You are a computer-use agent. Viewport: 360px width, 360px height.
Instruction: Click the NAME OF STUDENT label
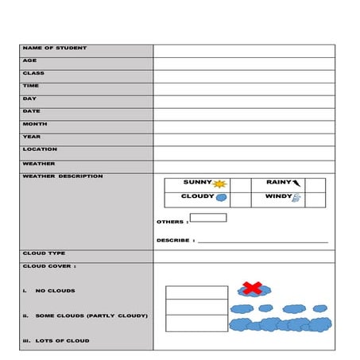55,48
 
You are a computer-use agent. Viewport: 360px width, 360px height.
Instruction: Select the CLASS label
33,73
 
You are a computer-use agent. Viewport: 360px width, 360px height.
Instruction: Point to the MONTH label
35,124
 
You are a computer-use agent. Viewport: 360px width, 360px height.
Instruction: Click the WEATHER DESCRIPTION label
63,176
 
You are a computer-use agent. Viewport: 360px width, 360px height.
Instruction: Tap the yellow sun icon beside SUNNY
220,184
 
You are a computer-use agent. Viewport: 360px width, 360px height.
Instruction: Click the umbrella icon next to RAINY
297,183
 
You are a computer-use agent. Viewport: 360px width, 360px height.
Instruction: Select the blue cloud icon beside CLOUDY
223,198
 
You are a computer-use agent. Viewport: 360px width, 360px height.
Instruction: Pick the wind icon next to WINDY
296,198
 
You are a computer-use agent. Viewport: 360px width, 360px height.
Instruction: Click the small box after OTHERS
208,218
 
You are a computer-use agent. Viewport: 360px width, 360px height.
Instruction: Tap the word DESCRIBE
172,240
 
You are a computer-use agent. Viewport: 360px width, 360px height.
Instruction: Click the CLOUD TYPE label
45,254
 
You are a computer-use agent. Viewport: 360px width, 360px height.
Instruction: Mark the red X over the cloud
252,287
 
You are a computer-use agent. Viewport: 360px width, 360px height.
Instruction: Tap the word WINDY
278,196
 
